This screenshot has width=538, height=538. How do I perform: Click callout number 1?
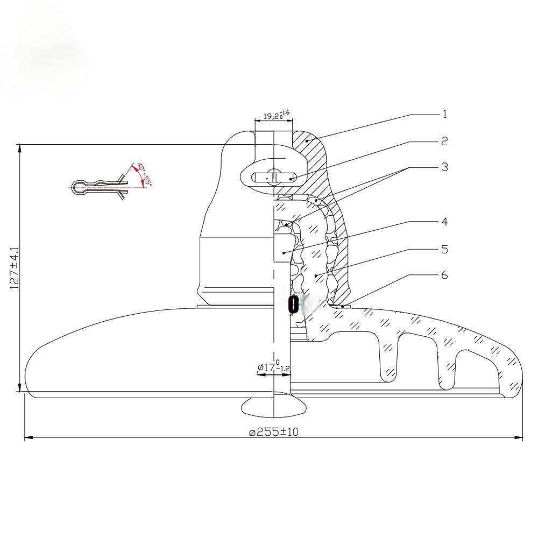(x=444, y=114)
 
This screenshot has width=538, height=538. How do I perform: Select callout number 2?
(x=444, y=141)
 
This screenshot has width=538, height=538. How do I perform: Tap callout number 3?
(x=444, y=167)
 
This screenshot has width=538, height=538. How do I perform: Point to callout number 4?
(x=444, y=221)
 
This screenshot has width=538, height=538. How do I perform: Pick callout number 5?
(x=444, y=249)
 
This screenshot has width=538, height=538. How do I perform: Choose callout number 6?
(x=444, y=275)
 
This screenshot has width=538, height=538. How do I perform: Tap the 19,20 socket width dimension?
(x=275, y=115)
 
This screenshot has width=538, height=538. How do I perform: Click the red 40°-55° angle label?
(x=143, y=173)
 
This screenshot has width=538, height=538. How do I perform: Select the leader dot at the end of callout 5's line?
(x=317, y=276)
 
